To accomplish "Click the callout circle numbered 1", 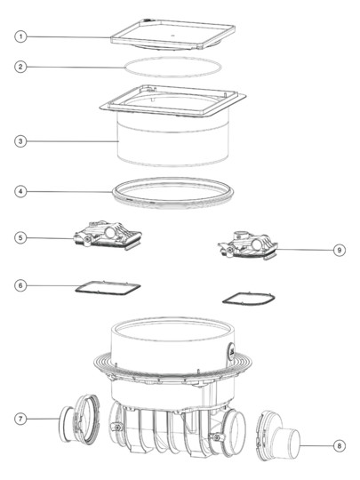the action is (x=20, y=36).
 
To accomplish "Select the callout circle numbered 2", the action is (x=20, y=67).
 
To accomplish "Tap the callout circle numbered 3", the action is (x=20, y=141).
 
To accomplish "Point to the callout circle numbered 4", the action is (x=20, y=192).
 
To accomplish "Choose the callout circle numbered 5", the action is (x=20, y=238).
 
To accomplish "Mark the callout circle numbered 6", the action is (x=20, y=285).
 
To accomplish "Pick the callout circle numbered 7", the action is (x=20, y=419).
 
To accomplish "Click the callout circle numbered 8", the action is (x=340, y=446).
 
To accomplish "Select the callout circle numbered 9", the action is (x=340, y=250).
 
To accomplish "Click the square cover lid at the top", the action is (x=173, y=35).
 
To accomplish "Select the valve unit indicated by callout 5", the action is (x=108, y=236).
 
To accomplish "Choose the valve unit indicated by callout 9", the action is (x=248, y=246).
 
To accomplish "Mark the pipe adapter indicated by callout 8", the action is (x=277, y=436).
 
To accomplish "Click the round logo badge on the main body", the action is (x=230, y=349).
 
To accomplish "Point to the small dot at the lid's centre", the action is (x=172, y=36).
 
